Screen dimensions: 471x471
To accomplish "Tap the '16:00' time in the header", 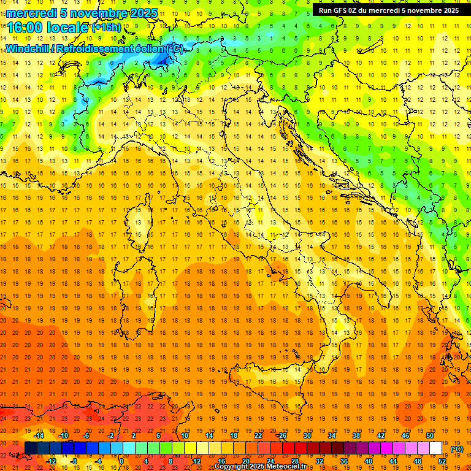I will coord(25,28).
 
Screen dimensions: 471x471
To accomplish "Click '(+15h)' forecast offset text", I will coord(106,27).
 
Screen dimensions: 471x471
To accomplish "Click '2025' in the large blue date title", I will coord(143,13).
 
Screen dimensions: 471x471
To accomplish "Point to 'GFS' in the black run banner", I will coord(341,10).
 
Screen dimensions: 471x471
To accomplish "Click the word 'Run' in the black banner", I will coord(325,10).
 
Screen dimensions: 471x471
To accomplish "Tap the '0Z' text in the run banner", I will coord(356,10).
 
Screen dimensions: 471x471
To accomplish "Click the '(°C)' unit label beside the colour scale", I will coord(457,449).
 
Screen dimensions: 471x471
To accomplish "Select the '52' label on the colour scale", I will coord(442,461).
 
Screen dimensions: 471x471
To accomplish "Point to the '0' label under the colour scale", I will coord(121,461).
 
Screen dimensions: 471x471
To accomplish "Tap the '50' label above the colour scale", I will coord(430,435).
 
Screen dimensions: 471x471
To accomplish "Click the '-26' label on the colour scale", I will coord(282,435).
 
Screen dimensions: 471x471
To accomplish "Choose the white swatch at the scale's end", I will coord(436,448).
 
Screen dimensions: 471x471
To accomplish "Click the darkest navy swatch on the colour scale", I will coord(31,448).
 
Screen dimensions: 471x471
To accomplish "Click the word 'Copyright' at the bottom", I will coord(233,467).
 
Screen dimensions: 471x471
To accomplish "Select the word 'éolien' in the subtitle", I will coord(150,48).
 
